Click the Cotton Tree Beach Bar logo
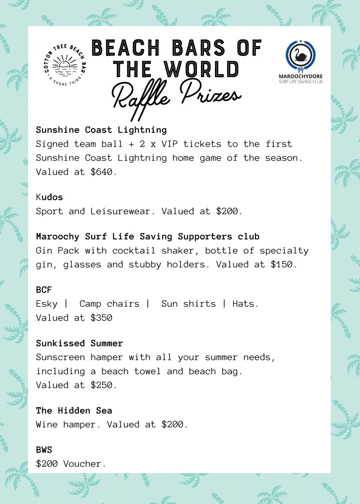click(65, 65)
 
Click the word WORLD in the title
click(201, 69)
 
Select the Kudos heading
click(49, 197)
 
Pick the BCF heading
click(44, 290)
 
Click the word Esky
click(46, 304)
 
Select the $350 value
click(101, 318)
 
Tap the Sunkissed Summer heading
click(79, 343)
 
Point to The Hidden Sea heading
click(74, 411)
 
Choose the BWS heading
click(44, 450)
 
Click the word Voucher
click(82, 464)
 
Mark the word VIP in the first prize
click(169, 144)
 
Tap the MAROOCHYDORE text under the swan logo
click(301, 76)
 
